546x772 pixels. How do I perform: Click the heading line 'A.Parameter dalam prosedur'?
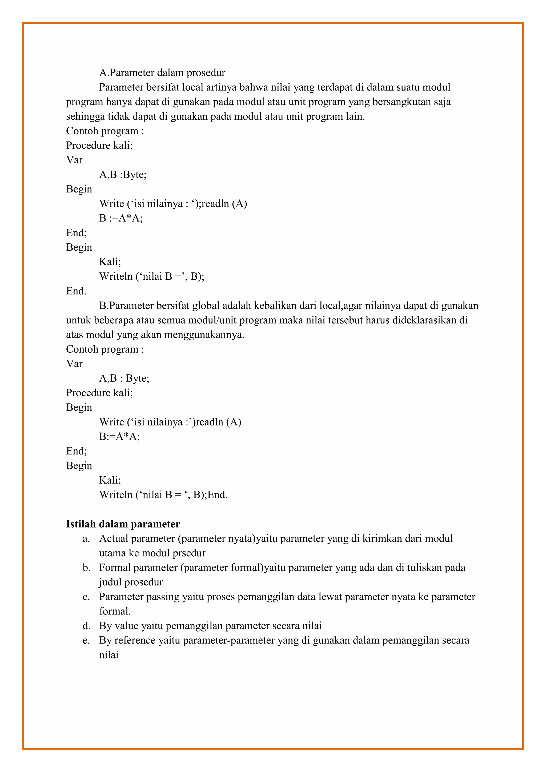[162, 73]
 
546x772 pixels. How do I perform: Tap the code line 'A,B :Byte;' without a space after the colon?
[123, 175]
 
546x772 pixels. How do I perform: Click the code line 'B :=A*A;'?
[121, 218]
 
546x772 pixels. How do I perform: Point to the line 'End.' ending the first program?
[76, 291]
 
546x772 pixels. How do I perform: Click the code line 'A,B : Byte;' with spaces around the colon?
[124, 378]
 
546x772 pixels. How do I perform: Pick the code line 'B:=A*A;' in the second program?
[119, 436]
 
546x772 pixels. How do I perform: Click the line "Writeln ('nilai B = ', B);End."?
[163, 494]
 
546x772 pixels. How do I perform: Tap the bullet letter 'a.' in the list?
[86, 539]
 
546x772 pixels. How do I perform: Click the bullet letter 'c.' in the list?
[86, 597]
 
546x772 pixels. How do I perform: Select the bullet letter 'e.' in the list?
[86, 641]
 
